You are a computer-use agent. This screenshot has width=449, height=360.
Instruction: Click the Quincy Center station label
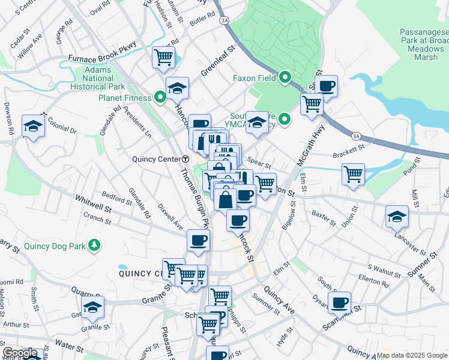coord(155,159)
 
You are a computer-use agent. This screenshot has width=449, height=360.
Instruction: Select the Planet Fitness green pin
coord(160,97)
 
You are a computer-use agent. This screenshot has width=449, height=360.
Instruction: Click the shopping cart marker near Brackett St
coord(354,174)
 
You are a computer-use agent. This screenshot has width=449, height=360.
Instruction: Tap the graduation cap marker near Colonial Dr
coord(34,126)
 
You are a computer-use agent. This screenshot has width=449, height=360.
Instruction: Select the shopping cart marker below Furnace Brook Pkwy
coord(163,58)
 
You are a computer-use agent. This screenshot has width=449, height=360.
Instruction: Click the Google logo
coord(20,353)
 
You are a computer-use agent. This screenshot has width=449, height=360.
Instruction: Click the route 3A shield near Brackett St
coord(357,136)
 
